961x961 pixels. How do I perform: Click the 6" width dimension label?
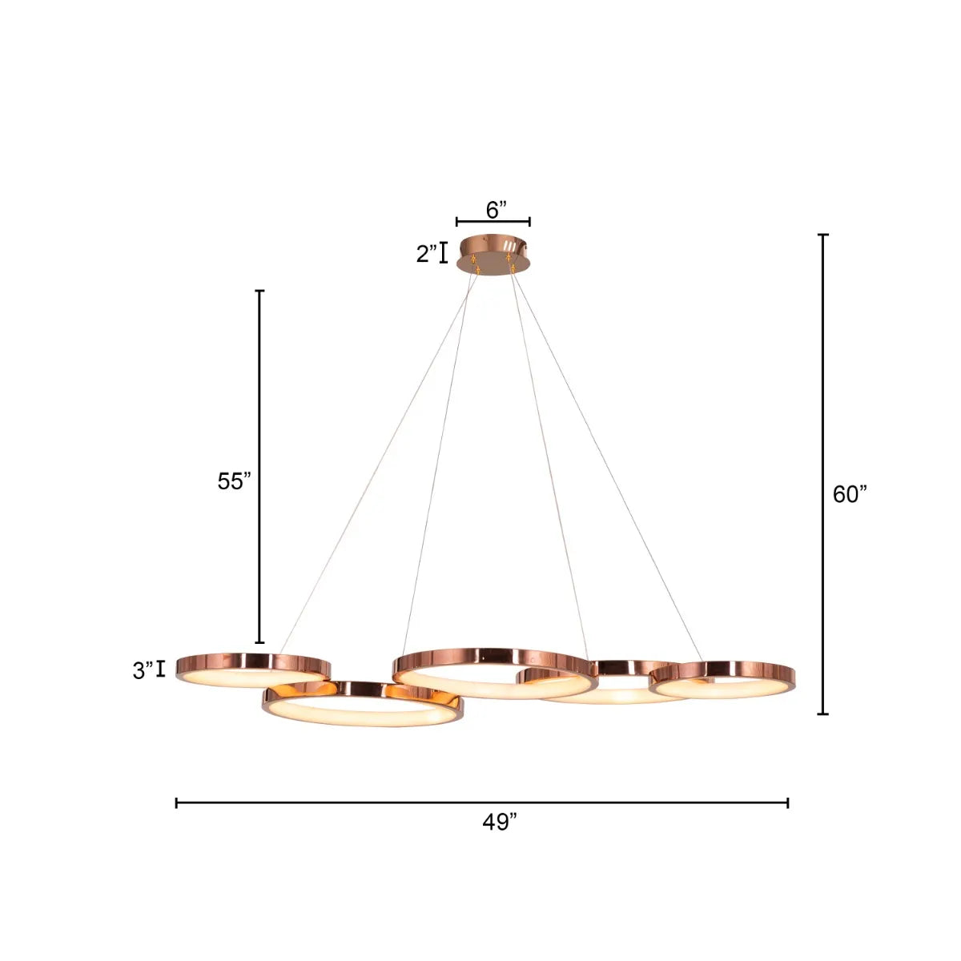tap(497, 210)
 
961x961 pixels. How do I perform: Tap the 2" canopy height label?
tap(427, 255)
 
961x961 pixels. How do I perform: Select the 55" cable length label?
tap(235, 481)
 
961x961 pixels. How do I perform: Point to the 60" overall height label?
tap(850, 495)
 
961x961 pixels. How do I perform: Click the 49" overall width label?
tap(501, 822)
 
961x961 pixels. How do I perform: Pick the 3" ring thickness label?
tap(143, 670)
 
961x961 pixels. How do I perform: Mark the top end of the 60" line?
tap(822, 235)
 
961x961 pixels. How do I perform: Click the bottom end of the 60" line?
tap(822, 714)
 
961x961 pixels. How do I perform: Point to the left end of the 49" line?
tap(177, 802)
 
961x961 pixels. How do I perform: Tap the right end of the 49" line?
tap(788, 802)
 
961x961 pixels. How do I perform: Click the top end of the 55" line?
tap(259, 291)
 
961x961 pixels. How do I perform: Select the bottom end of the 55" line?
tap(259, 642)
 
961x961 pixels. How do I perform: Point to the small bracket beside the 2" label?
tap(443, 254)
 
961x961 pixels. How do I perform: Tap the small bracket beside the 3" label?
tap(162, 669)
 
